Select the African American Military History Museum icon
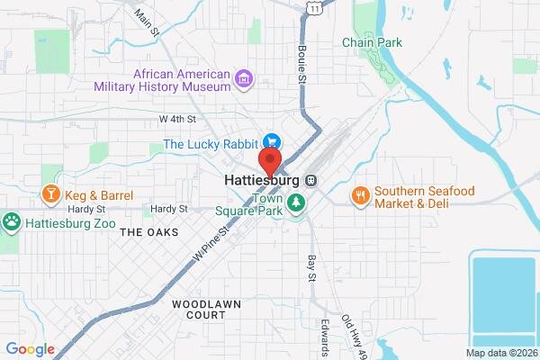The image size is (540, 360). [242, 80]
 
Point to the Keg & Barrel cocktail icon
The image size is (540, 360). [49, 194]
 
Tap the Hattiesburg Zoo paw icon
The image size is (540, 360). [12, 220]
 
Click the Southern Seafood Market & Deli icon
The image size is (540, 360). [361, 195]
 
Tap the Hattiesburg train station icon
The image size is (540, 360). [310, 180]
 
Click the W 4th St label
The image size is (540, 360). [177, 119]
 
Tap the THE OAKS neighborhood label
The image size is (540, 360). [148, 232]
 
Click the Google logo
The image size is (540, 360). [30, 349]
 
